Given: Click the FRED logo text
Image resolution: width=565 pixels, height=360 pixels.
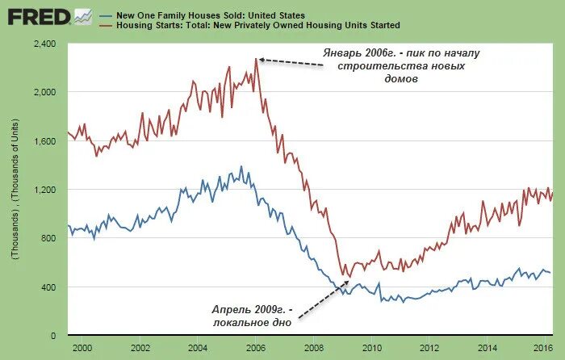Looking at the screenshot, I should [x=36, y=15].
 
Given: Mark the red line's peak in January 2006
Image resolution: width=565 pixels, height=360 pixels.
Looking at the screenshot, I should [x=256, y=57].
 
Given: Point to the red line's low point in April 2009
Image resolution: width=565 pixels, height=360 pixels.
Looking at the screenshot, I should [x=349, y=278].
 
